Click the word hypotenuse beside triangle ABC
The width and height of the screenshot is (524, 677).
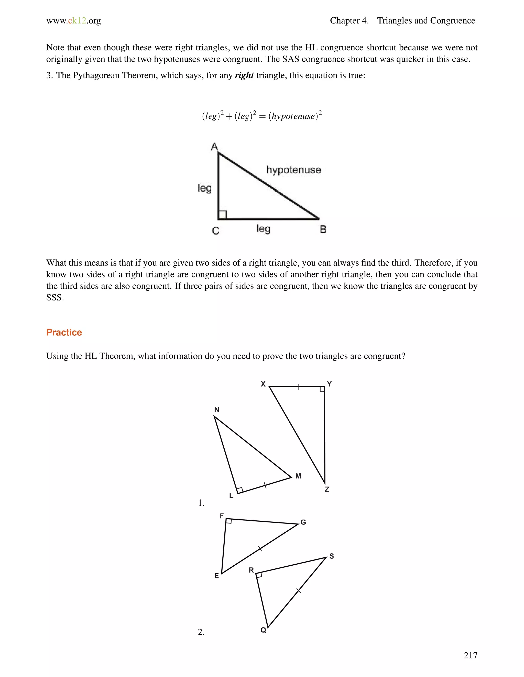pos(293,170)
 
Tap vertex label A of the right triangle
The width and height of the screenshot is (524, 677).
pos(214,146)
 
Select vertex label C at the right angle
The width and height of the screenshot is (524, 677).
pos(215,231)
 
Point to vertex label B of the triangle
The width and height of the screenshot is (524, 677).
pos(323,229)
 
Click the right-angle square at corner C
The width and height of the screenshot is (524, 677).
pos(223,215)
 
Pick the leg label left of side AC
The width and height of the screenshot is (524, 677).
pos(205,188)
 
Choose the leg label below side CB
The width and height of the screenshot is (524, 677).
pos(263,229)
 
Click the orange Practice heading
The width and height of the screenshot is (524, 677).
pos(64,332)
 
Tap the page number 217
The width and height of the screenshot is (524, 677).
pos(470,655)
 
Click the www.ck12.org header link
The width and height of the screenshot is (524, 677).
pos(74,21)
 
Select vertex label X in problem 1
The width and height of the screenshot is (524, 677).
pos(263,384)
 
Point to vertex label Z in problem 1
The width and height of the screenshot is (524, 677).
pos(326,489)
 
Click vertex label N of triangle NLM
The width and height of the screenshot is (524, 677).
pos(217,410)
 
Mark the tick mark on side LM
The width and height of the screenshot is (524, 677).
pos(265,485)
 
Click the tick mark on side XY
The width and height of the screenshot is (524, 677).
pos(299,387)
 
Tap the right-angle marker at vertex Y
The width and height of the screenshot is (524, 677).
pos(322,389)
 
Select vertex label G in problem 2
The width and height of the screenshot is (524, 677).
pos(303,522)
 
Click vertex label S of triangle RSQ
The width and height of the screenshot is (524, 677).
pos(332,556)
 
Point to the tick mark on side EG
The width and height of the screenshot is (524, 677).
pos(260,549)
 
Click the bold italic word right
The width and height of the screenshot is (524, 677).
pos(244,75)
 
